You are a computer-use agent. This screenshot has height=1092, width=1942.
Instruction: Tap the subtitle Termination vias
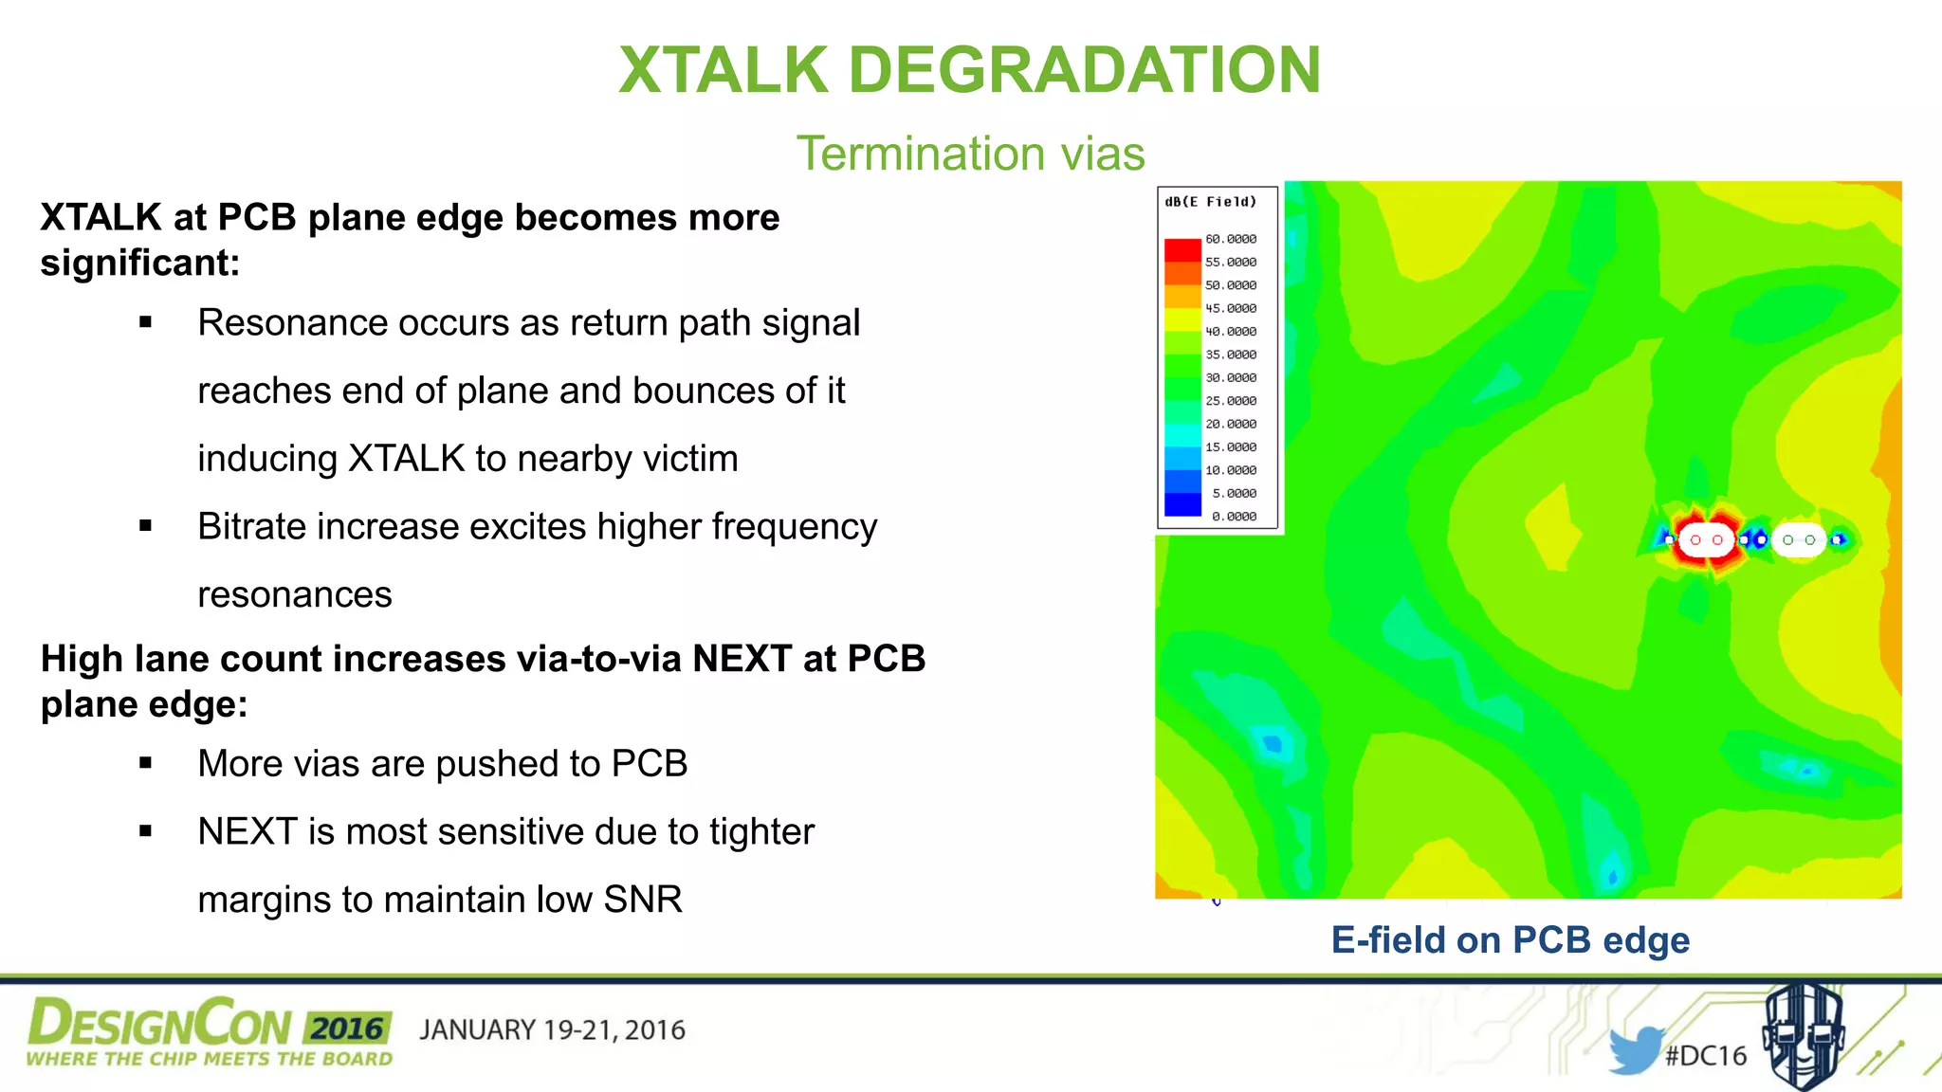(970, 154)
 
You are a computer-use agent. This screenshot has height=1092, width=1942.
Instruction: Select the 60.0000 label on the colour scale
(1231, 239)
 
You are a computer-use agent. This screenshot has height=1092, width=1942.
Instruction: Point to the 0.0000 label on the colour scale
(1234, 517)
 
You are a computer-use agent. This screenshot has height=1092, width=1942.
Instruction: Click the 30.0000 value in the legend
(1231, 377)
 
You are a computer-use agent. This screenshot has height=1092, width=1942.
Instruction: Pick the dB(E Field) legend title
(1210, 202)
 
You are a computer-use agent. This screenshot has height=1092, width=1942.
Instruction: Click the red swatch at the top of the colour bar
(1182, 249)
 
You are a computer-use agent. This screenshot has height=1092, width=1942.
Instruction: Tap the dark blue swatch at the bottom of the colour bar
(1182, 505)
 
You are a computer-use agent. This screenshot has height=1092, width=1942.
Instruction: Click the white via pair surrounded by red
(1706, 540)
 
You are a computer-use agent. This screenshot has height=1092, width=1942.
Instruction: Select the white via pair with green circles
(1799, 540)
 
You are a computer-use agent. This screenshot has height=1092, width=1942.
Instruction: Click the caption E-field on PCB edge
(1510, 940)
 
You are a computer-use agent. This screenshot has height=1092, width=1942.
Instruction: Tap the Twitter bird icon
(1635, 1049)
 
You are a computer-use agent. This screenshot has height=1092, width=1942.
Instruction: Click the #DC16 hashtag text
(1706, 1055)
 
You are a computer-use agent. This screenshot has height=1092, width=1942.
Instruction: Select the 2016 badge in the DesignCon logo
(347, 1028)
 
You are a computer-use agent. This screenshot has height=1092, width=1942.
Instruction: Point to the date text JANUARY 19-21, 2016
(552, 1030)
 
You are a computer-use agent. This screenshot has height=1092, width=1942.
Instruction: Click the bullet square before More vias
(145, 763)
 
